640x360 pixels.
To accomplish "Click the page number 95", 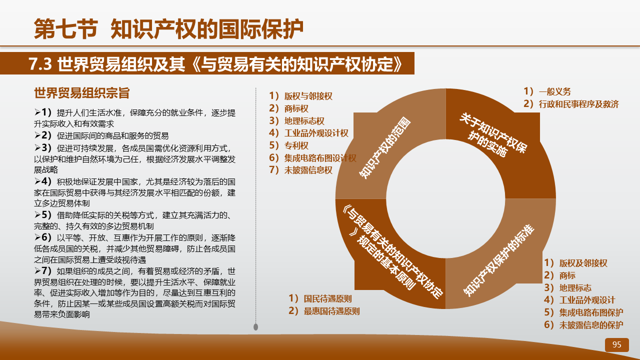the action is coord(616,344).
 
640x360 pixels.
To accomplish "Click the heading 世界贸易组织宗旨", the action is coord(82,93).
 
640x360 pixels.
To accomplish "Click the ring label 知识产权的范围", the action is coord(384,147).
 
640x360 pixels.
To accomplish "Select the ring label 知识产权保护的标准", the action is coord(498,260).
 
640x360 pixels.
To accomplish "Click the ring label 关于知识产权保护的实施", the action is coord(493,134).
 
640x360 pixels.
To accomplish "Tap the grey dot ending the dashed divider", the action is coord(255,327).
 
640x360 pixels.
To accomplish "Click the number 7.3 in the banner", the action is coord(40,63).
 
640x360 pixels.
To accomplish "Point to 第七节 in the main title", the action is coord(66,29).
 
